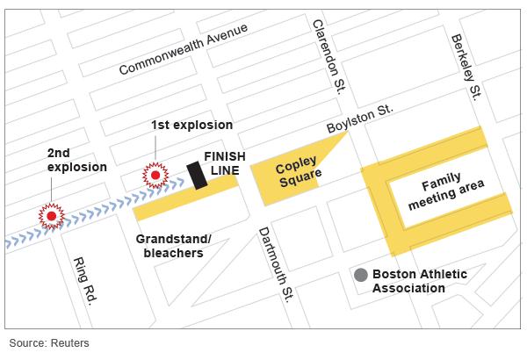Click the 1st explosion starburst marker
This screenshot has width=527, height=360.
pyautogui.click(x=156, y=176)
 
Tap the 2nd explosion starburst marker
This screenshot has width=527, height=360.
pyautogui.click(x=52, y=214)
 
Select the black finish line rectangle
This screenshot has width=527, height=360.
pyautogui.click(x=197, y=176)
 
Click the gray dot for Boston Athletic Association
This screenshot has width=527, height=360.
pyautogui.click(x=360, y=275)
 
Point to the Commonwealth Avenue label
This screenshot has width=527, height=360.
pyautogui.click(x=184, y=50)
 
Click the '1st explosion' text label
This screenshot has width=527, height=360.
pyautogui.click(x=191, y=125)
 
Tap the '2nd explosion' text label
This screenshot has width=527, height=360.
pyautogui.click(x=76, y=159)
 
